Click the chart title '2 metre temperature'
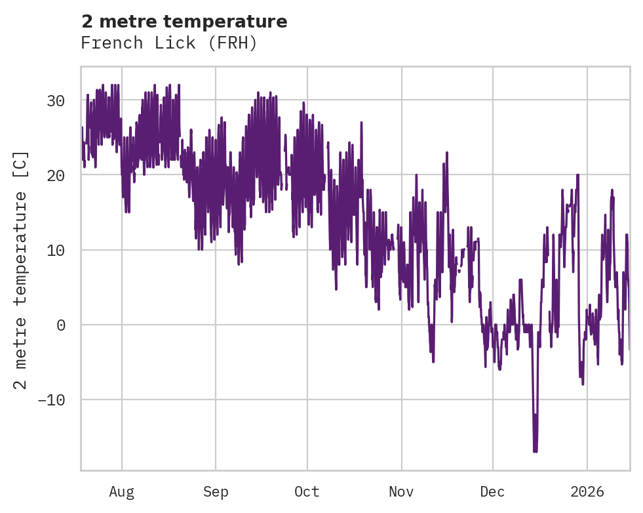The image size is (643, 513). pos(184,22)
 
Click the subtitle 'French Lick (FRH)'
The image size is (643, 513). pos(168,43)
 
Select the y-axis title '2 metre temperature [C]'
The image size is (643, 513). pos(22,270)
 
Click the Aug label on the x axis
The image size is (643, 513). pos(121,492)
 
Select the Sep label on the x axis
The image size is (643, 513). pos(215,492)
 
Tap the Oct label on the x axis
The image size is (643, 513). pos(307,492)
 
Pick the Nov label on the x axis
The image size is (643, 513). pos(401,492)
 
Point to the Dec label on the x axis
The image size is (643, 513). pos(492,492)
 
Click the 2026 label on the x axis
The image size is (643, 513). pos(587,492)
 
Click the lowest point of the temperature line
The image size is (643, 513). pos(535,451)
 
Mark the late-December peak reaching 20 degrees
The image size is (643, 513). pos(577,175)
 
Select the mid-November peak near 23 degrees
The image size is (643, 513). pos(446,154)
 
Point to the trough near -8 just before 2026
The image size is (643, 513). pos(583,384)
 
